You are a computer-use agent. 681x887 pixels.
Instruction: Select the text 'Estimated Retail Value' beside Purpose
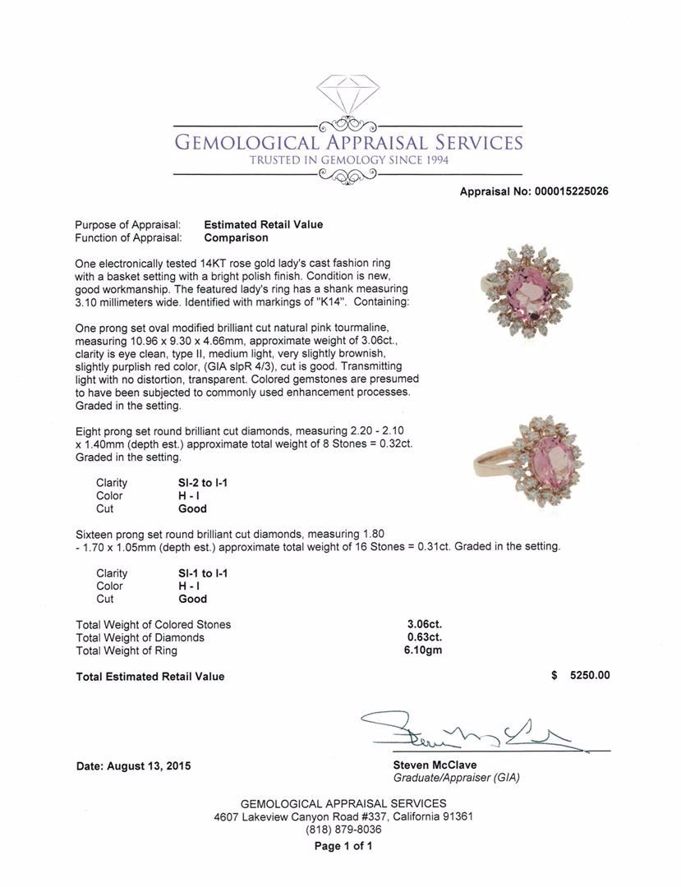(263, 224)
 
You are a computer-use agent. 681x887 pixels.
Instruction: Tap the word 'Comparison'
(236, 237)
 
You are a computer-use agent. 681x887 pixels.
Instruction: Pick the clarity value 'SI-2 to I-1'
(196, 483)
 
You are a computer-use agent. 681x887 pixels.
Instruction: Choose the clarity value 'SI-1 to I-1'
(196, 573)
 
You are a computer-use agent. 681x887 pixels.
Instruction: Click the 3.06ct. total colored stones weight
(425, 624)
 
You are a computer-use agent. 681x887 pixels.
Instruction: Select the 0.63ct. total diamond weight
(425, 637)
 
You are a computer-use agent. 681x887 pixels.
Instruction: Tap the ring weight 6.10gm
(425, 650)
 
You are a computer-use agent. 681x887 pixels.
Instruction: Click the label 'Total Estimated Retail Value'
(150, 677)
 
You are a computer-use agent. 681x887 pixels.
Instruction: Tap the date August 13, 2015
(133, 765)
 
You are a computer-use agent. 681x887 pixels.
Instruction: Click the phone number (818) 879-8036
(343, 830)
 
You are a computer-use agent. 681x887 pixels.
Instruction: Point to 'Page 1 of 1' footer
(343, 846)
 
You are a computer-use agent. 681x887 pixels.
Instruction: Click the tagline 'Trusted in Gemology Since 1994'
(349, 160)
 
